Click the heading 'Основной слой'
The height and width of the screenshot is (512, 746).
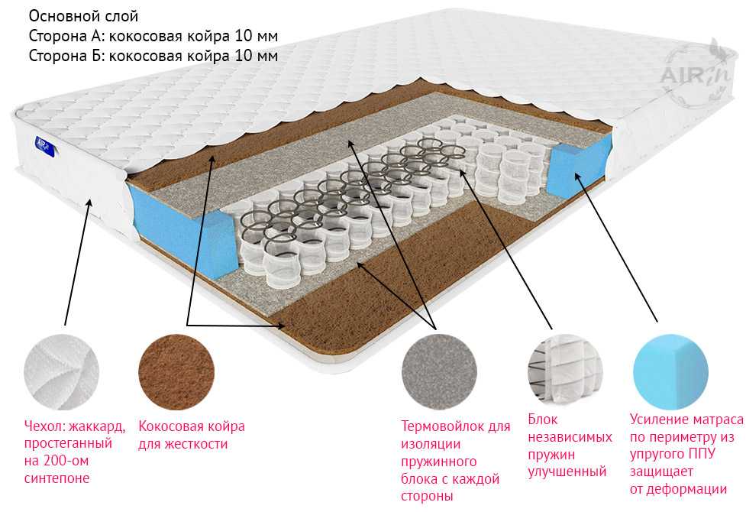coord(84,16)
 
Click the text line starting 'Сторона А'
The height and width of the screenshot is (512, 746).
coord(153,36)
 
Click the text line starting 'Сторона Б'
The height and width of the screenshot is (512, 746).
coord(153,56)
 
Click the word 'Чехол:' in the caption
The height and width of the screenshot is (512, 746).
coord(47,426)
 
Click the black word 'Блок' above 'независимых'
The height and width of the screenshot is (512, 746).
coord(543,420)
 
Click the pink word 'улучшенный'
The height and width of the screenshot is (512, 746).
coord(567,471)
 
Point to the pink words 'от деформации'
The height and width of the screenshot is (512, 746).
coord(678,489)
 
